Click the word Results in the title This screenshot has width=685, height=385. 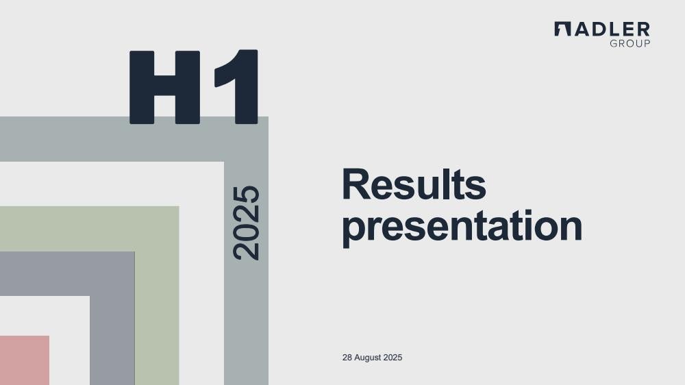tap(414, 184)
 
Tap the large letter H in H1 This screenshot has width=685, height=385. tap(164, 87)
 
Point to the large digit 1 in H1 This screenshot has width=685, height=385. tap(236, 87)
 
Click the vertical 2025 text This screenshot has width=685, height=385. tap(246, 223)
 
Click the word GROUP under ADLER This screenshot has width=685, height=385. tap(630, 43)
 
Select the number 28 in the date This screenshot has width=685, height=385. tap(347, 358)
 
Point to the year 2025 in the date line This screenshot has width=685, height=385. tap(393, 358)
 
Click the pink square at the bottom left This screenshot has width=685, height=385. tap(25, 360)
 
